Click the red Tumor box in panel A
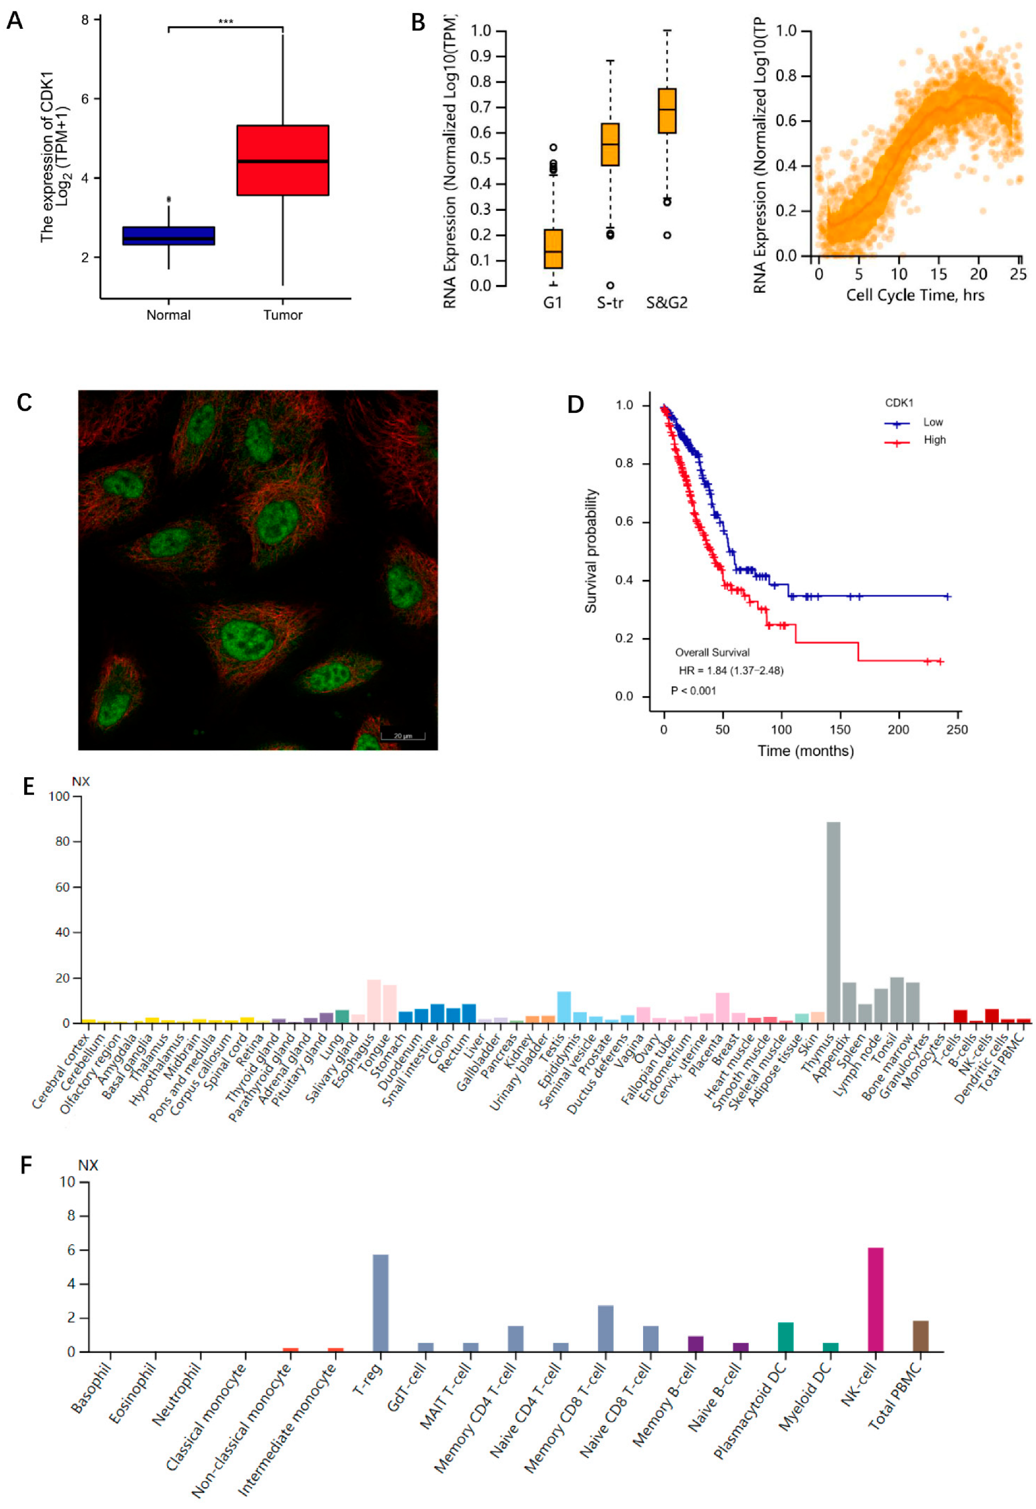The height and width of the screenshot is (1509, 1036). pyautogui.click(x=283, y=160)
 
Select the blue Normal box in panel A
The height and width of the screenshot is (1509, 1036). pyautogui.click(x=168, y=235)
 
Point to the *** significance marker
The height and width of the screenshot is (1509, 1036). pyautogui.click(x=225, y=22)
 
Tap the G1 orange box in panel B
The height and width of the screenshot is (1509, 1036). pyautogui.click(x=553, y=249)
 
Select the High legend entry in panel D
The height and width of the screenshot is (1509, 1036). pyautogui.click(x=934, y=440)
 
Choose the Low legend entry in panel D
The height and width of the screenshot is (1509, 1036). pyautogui.click(x=933, y=422)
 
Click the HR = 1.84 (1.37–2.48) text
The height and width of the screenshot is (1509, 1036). pyautogui.click(x=731, y=670)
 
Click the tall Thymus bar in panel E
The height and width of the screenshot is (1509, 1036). pyautogui.click(x=833, y=922)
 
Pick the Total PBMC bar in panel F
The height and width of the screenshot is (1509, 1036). pyautogui.click(x=920, y=1336)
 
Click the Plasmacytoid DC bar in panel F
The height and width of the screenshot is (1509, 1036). pyautogui.click(x=785, y=1337)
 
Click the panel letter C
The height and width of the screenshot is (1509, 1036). pyautogui.click(x=24, y=403)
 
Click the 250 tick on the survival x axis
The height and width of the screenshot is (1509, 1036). pyautogui.click(x=957, y=730)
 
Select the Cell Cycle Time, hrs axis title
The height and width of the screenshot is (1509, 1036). pyautogui.click(x=914, y=295)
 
